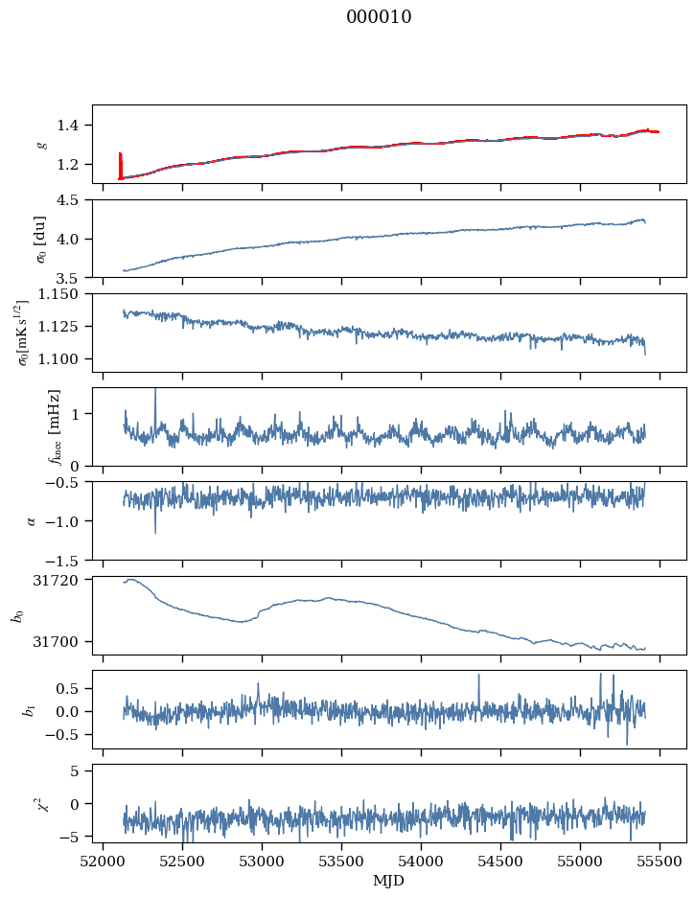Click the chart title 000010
click(x=379, y=17)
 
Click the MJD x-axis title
click(x=389, y=881)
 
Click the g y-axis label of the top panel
click(x=41, y=144)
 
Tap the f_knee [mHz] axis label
click(x=54, y=426)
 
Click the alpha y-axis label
click(x=32, y=520)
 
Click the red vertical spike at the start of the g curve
click(x=120, y=163)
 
